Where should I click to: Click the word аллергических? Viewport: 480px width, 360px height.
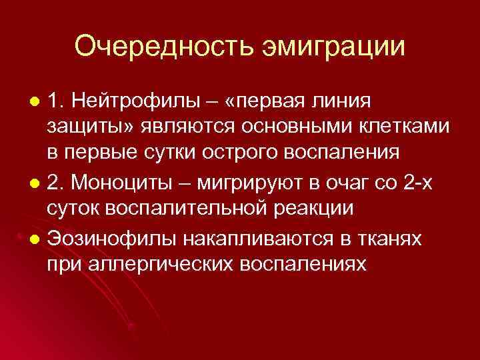151,261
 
